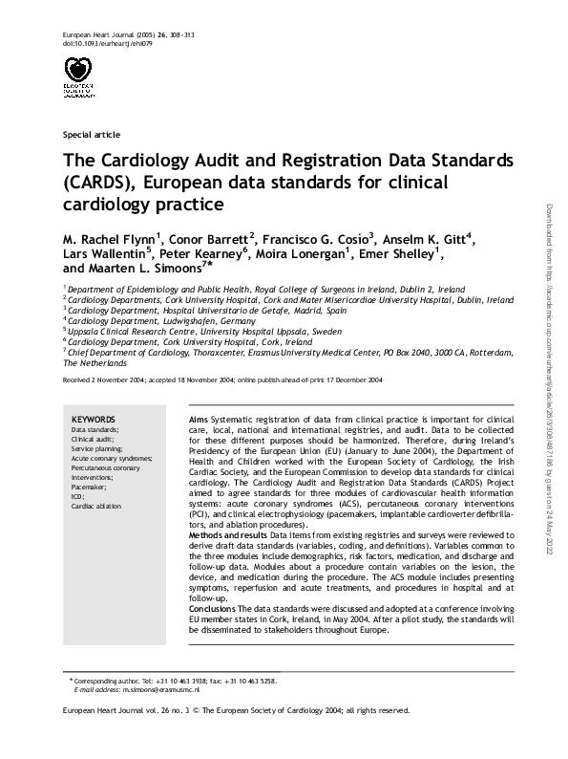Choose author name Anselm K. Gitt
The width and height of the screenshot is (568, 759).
(429, 238)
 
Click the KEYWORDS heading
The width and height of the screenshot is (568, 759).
(94, 420)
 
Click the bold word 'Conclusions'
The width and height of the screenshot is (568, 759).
(213, 609)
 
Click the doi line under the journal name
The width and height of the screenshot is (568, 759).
(99, 44)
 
